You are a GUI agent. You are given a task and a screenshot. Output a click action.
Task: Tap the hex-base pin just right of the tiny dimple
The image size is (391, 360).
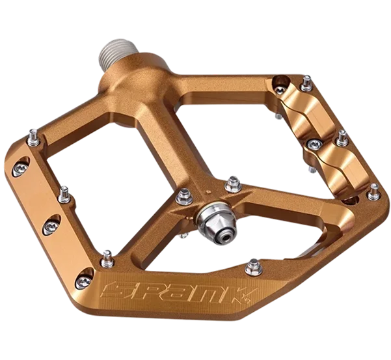[232, 184]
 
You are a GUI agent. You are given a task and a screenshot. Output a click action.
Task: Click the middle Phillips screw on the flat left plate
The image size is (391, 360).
[51, 227]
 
